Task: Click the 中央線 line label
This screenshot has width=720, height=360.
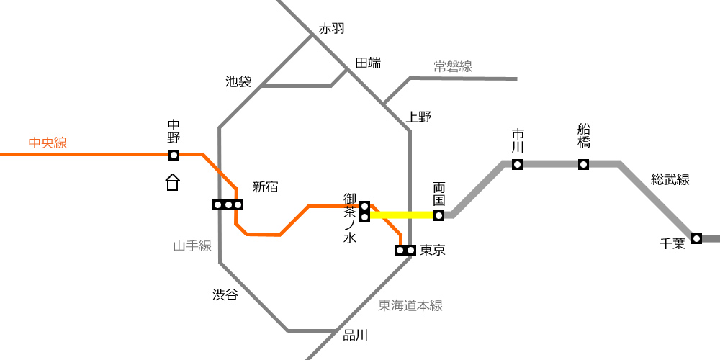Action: pyautogui.click(x=48, y=143)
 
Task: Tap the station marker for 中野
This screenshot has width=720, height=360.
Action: pyautogui.click(x=174, y=156)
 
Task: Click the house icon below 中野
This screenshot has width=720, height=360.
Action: pyautogui.click(x=173, y=182)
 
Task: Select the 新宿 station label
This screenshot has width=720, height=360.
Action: pyautogui.click(x=266, y=187)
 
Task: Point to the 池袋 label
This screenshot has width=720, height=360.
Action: pyautogui.click(x=238, y=82)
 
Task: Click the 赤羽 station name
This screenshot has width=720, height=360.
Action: pyautogui.click(x=331, y=29)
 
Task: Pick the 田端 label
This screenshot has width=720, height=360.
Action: pyautogui.click(x=368, y=63)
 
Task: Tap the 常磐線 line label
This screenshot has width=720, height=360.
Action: pyautogui.click(x=453, y=66)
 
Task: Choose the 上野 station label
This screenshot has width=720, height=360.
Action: pyautogui.click(x=419, y=117)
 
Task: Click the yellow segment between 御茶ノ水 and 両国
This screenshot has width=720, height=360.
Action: pyautogui.click(x=402, y=215)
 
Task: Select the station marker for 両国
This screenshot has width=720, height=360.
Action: pyautogui.click(x=439, y=215)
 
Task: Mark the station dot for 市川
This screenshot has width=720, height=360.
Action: pyautogui.click(x=518, y=164)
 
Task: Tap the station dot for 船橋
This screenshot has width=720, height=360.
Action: pyautogui.click(x=584, y=164)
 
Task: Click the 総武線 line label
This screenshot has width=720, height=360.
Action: pyautogui.click(x=670, y=179)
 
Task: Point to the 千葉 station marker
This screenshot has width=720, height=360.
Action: pyautogui.click(x=696, y=238)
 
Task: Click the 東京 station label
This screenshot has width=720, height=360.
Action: pyautogui.click(x=433, y=251)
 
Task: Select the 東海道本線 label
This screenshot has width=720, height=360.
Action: pyautogui.click(x=410, y=306)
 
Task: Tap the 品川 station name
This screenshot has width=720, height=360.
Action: pyautogui.click(x=356, y=336)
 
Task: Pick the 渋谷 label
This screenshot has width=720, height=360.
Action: pyautogui.click(x=225, y=294)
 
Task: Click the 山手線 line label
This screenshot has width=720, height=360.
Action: pyautogui.click(x=192, y=246)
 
